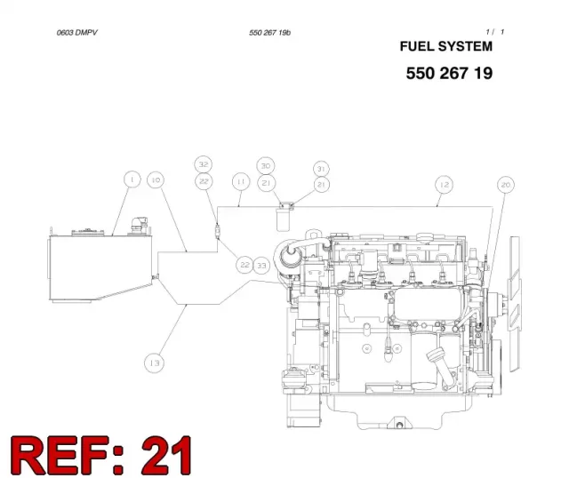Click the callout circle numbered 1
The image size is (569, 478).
[132, 179]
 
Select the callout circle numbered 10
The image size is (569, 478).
[156, 179]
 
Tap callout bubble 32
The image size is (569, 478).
[204, 164]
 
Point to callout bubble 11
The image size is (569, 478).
[241, 181]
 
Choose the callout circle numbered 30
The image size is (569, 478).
[266, 166]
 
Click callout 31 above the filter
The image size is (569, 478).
[321, 169]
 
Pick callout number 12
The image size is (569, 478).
[445, 185]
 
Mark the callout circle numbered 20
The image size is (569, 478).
[506, 185]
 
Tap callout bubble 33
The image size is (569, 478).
[261, 266]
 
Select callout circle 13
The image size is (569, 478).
[154, 363]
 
